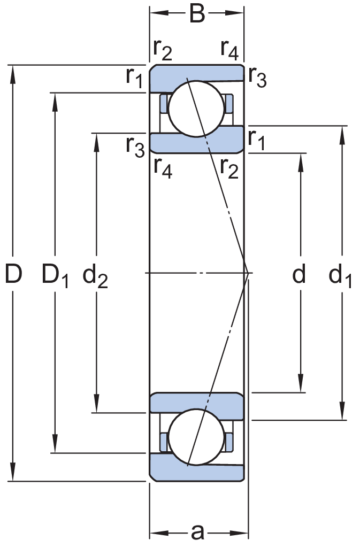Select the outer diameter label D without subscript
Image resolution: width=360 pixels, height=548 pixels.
click(13, 274)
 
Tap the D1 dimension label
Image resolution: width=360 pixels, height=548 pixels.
click(55, 275)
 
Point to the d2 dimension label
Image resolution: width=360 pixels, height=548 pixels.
click(95, 275)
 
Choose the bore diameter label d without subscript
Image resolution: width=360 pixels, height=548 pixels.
click(299, 274)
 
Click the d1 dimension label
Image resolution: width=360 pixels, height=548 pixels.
click(340, 275)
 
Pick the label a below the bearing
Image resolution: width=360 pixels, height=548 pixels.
click(198, 532)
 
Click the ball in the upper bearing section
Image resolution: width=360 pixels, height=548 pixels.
click(196, 109)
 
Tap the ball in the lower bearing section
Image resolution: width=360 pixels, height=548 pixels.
click(196, 437)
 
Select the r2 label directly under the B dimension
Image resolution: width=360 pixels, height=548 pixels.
click(163, 50)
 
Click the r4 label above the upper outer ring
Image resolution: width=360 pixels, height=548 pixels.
click(229, 50)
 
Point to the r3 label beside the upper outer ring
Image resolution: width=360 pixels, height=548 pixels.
click(258, 77)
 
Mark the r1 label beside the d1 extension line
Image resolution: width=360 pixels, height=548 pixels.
click(257, 140)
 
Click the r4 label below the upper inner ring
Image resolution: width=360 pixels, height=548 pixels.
click(163, 169)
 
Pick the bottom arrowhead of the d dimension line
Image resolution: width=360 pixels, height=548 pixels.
click(301, 384)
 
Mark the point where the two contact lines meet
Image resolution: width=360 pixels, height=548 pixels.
click(248, 273)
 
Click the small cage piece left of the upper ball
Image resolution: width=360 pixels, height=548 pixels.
click(164, 103)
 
